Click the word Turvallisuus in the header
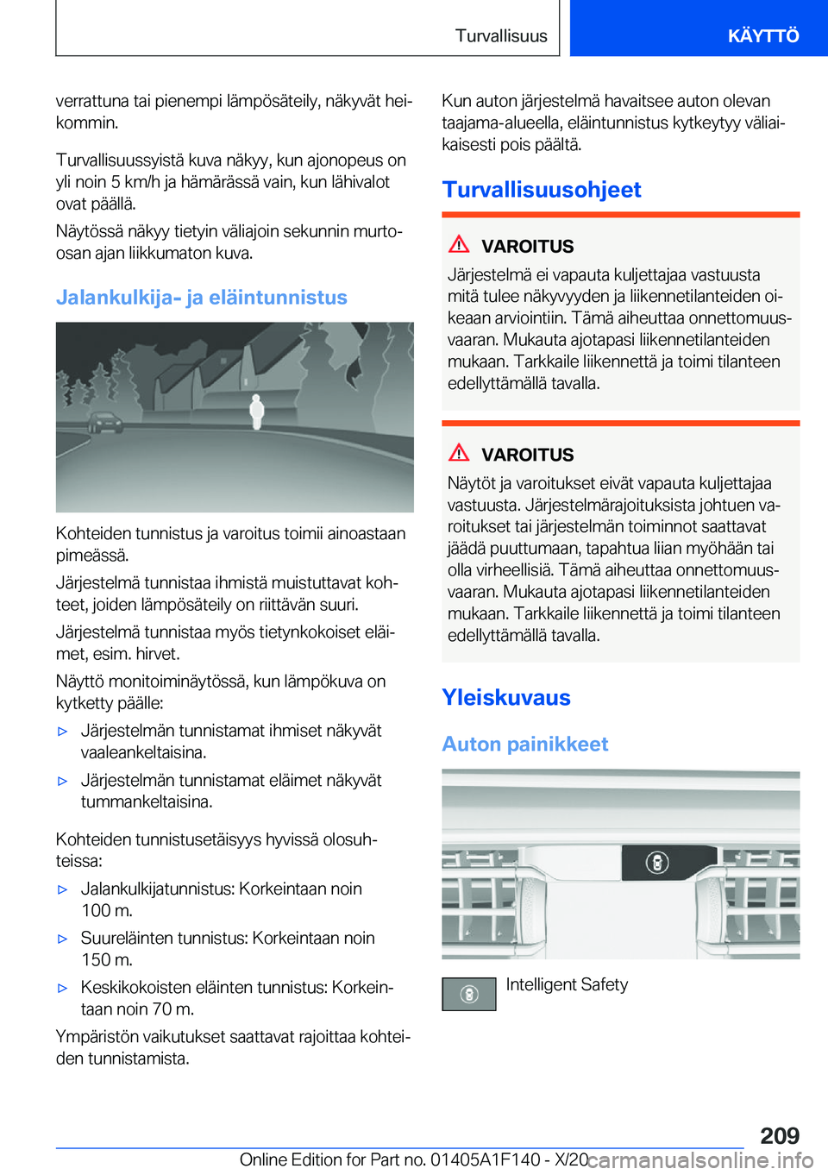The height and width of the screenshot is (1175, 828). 501,35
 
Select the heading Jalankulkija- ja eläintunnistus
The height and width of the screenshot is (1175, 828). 201,298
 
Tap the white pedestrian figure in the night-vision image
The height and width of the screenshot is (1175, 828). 256,411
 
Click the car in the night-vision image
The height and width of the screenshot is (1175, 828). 105,423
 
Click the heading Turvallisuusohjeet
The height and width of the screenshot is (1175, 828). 541,190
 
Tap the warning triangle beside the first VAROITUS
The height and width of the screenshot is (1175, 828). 459,244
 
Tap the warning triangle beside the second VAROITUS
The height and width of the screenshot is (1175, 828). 459,452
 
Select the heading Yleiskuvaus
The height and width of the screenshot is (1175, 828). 505,697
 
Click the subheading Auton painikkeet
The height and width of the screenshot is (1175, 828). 524,744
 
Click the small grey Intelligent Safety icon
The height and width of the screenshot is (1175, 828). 468,994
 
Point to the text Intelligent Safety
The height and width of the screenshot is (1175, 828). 566,984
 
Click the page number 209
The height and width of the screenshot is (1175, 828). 780,1135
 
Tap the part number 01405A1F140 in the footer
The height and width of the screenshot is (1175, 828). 485,1160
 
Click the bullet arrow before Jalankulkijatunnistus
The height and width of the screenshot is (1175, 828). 62,889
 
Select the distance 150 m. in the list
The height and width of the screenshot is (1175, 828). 106,960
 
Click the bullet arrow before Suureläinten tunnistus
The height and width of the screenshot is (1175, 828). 62,939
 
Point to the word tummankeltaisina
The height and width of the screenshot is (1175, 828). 146,802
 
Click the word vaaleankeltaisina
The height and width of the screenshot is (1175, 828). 143,752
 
